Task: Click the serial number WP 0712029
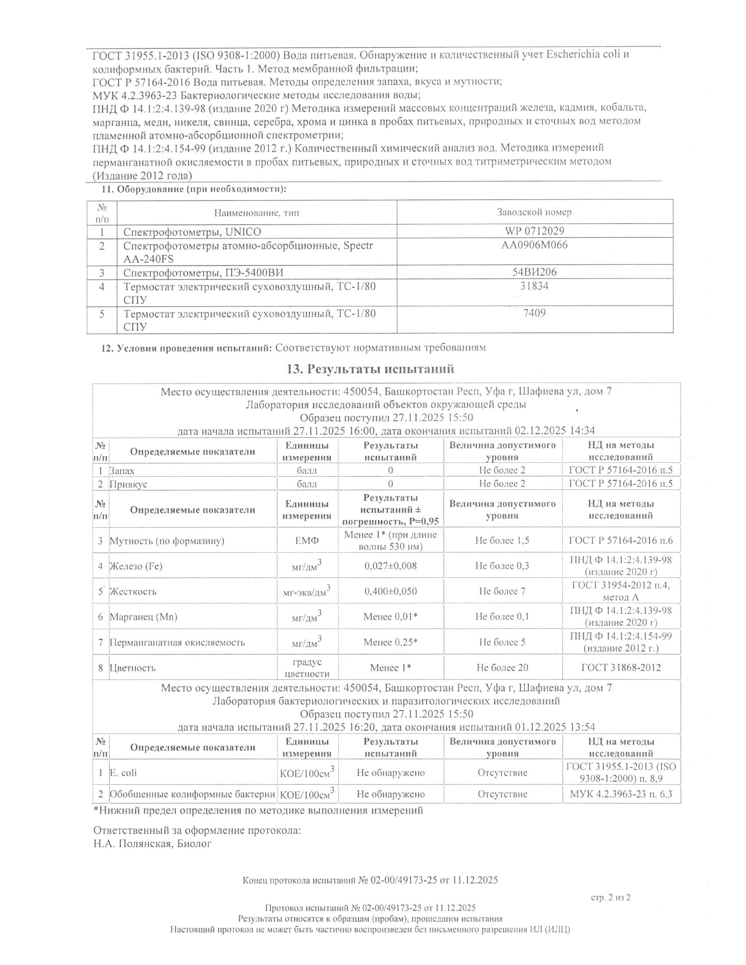tap(534, 231)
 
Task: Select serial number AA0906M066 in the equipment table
tap(534, 245)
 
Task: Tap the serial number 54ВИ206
tap(534, 272)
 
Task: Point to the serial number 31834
tap(534, 286)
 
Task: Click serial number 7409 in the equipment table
tap(534, 313)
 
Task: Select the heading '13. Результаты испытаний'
tap(370, 368)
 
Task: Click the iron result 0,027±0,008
tap(390, 565)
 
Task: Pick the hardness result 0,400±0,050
tap(390, 591)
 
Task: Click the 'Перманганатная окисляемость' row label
tap(177, 643)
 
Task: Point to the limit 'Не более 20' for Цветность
tap(502, 668)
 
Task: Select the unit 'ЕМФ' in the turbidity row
tap(307, 540)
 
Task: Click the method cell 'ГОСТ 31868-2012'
tap(621, 668)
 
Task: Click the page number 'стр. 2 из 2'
tap(610, 897)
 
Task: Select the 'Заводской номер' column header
tap(534, 212)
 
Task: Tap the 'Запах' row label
tap(122, 471)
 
